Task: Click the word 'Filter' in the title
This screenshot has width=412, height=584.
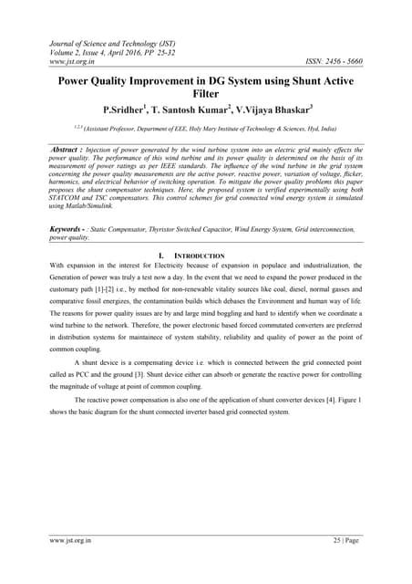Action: (206, 94)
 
